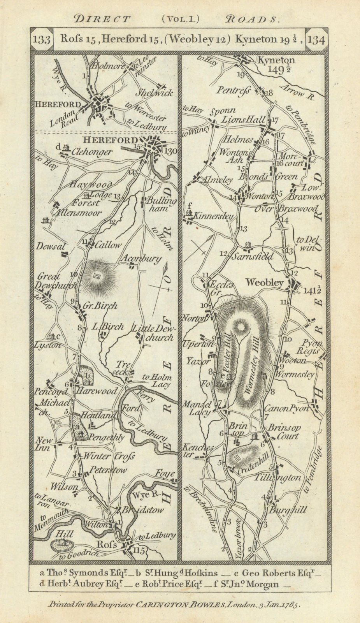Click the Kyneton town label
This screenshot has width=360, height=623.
[276, 60]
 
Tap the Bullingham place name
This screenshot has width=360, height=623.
[161, 205]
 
